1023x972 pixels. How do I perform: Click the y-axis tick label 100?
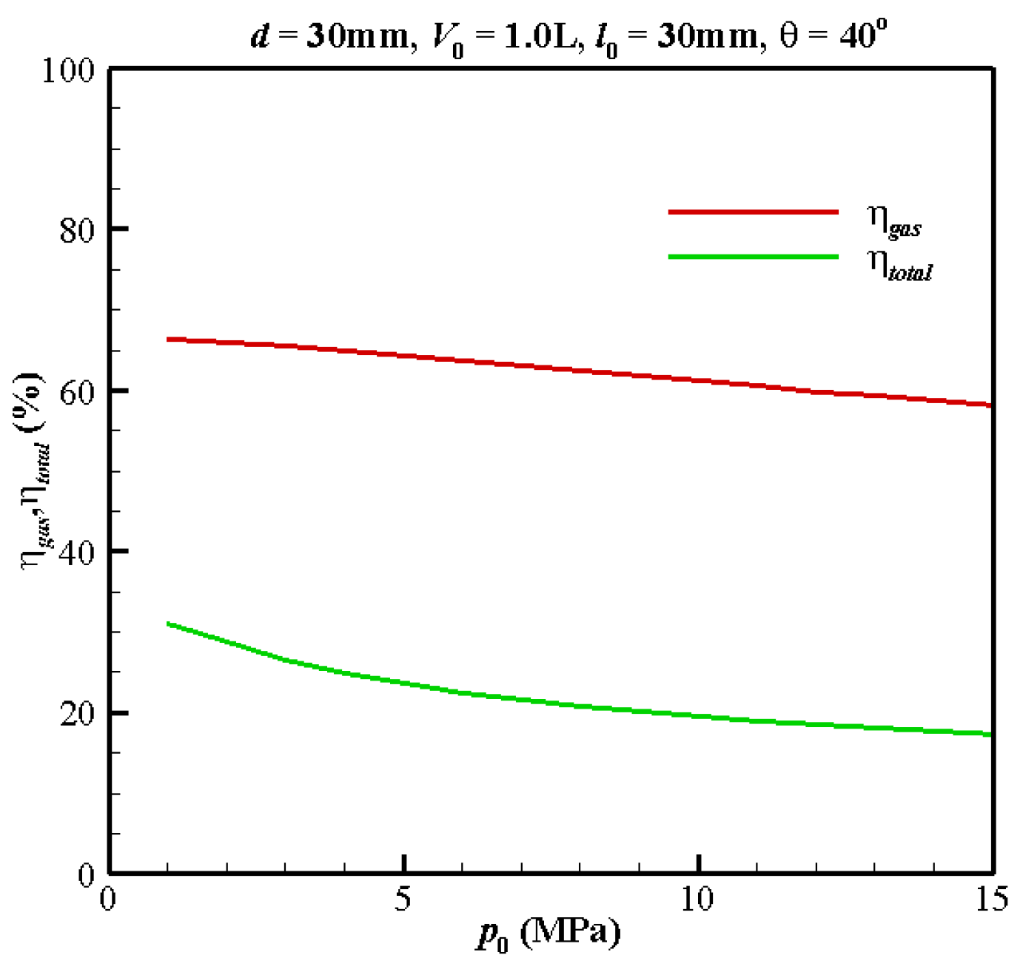click(x=68, y=71)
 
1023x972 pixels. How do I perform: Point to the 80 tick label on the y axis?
click(x=77, y=231)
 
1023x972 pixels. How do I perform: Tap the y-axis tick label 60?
click(x=77, y=391)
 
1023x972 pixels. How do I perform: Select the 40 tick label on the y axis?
click(x=77, y=553)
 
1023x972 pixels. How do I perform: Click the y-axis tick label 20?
click(x=77, y=714)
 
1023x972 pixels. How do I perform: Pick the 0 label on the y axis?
click(x=87, y=875)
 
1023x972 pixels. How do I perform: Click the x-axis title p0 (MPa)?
click(x=549, y=935)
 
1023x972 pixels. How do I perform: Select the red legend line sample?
click(x=753, y=212)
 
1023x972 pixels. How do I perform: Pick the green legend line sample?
click(x=753, y=257)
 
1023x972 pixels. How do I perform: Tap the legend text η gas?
click(x=893, y=220)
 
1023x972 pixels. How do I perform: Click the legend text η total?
click(x=899, y=264)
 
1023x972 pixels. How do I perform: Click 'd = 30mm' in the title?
click(x=329, y=36)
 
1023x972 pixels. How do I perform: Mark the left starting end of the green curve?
click(x=169, y=624)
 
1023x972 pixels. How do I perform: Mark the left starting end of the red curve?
click(x=169, y=340)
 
